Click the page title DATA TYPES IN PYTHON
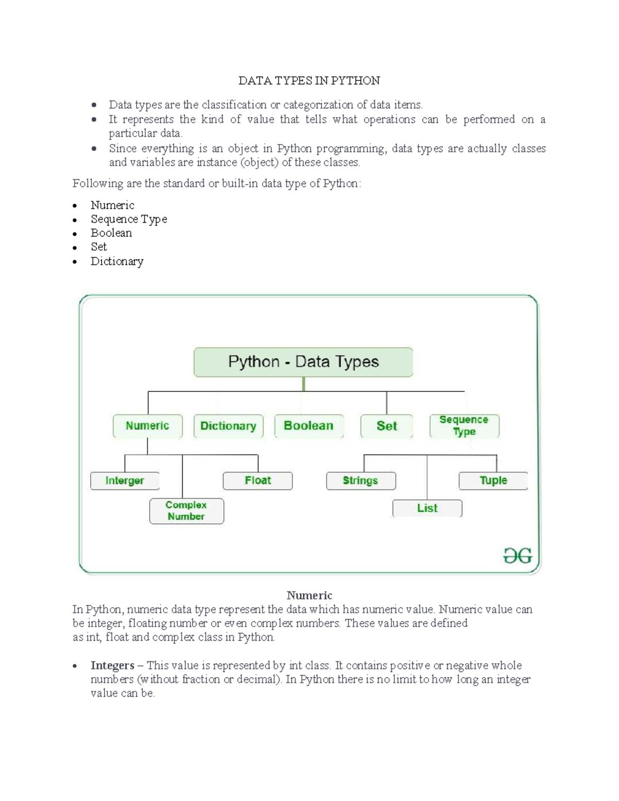309,80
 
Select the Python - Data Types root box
303,362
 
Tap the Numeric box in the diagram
148,426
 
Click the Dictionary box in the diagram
228,426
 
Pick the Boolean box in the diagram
308,426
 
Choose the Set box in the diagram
386,426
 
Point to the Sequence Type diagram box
464,426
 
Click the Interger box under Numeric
125,481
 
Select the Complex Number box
186,511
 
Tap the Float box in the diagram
257,481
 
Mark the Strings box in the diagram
361,481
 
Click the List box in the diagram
427,509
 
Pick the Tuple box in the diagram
493,481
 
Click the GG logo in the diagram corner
517,556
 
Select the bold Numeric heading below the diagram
309,596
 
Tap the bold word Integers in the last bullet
112,665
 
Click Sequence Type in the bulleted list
129,219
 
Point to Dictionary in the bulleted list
117,261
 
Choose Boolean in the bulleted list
111,233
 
